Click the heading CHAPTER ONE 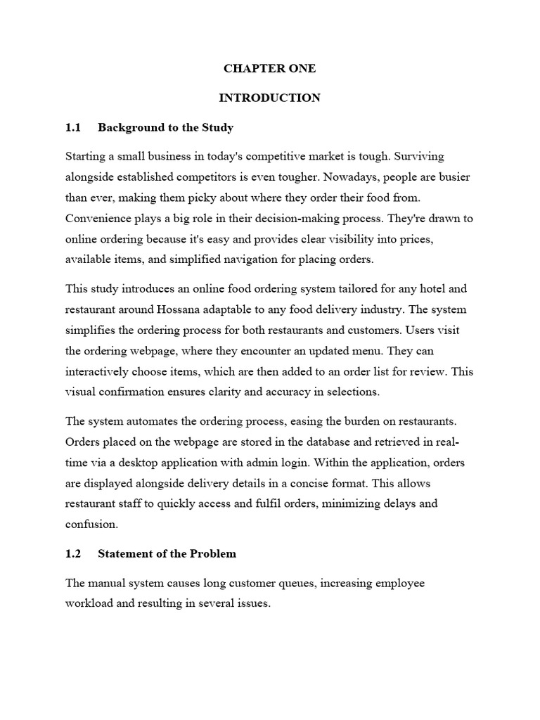point(269,69)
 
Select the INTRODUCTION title point(269,98)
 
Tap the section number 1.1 point(73,127)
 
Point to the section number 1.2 point(73,553)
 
